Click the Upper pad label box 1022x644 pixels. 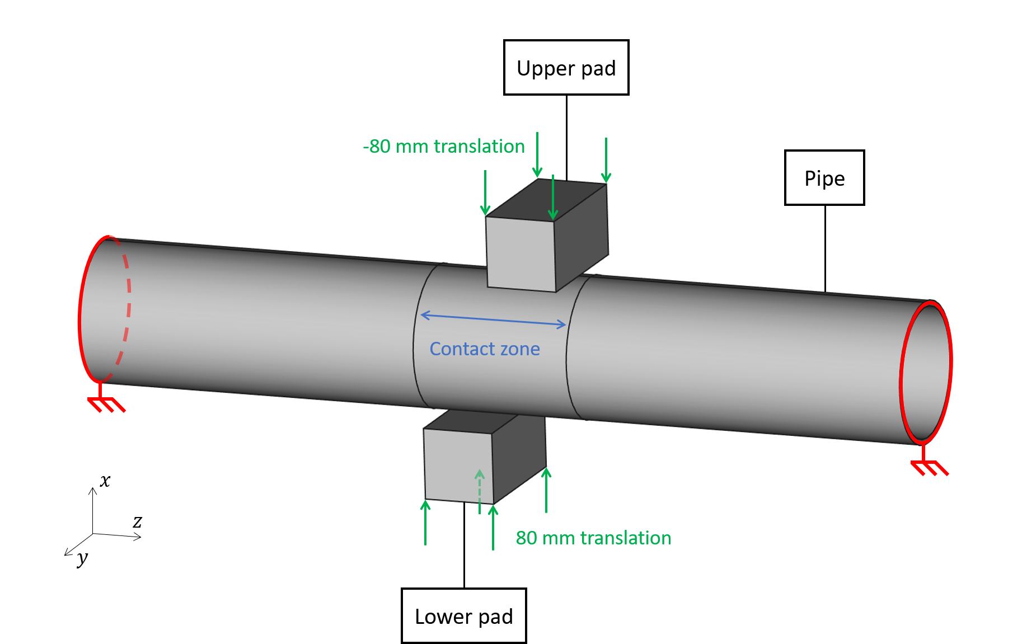566,68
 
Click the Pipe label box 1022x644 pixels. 824,178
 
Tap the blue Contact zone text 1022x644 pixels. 484,349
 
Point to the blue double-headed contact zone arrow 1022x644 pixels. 493,319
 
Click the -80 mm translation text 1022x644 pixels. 443,146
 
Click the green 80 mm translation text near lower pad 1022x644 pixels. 593,538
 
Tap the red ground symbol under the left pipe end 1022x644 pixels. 106,403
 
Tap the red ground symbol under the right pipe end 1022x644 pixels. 929,467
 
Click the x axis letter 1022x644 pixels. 105,480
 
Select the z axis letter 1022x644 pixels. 137,521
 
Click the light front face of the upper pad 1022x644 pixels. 521,253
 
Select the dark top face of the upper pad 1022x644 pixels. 546,200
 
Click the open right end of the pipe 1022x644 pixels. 926,373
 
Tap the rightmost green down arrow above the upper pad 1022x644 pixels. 606,159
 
